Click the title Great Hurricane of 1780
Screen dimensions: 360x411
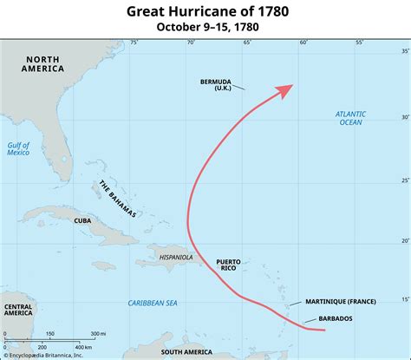(x=205, y=11)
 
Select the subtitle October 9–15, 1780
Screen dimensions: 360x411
(x=205, y=27)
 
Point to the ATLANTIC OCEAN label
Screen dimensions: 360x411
(x=351, y=118)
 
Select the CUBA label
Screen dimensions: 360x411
(x=83, y=220)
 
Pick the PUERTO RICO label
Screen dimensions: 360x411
(x=229, y=265)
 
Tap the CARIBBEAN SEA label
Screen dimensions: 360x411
(x=153, y=303)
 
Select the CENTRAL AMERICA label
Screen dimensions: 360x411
(x=19, y=311)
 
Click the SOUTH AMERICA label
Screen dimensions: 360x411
(x=186, y=352)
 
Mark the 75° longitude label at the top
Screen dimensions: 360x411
(x=134, y=42)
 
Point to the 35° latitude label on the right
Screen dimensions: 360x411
(x=403, y=52)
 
